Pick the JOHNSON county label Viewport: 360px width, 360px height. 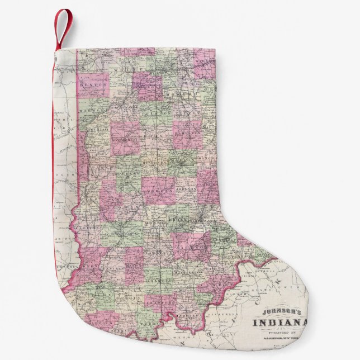(x=184, y=188)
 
